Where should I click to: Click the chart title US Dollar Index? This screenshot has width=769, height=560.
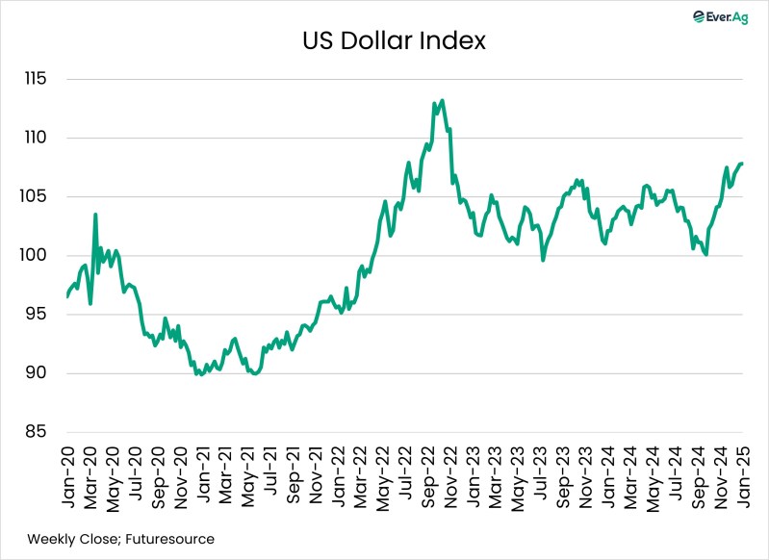click(384, 41)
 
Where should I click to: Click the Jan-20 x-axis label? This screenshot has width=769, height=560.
click(69, 478)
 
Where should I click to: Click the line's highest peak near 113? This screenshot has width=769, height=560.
click(441, 100)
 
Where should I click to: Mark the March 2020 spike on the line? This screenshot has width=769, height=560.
click(95, 215)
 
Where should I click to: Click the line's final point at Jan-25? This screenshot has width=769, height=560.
click(741, 164)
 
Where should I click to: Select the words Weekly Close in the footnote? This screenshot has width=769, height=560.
click(64, 540)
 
